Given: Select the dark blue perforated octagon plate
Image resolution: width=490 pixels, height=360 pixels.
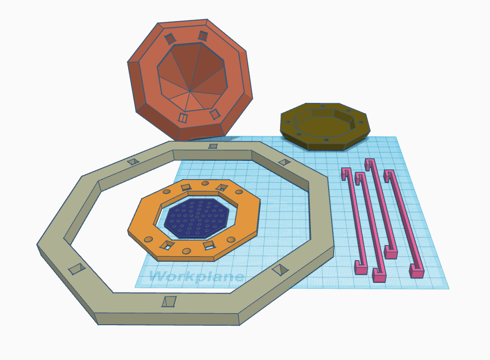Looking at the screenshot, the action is pos(197,217).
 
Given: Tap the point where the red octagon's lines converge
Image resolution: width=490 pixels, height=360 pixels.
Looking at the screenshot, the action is pos(190,91).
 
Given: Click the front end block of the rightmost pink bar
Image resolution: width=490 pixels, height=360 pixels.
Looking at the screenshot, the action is pos(416,271).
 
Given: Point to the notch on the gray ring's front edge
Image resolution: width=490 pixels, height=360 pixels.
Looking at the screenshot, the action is pos(169,302).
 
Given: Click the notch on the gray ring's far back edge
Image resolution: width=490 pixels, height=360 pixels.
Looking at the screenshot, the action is pos(213,146).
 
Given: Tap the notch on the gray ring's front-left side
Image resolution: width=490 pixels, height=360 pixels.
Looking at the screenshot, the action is pos(77,269).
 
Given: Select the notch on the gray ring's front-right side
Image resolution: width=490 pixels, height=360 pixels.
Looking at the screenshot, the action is pos(280,269).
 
